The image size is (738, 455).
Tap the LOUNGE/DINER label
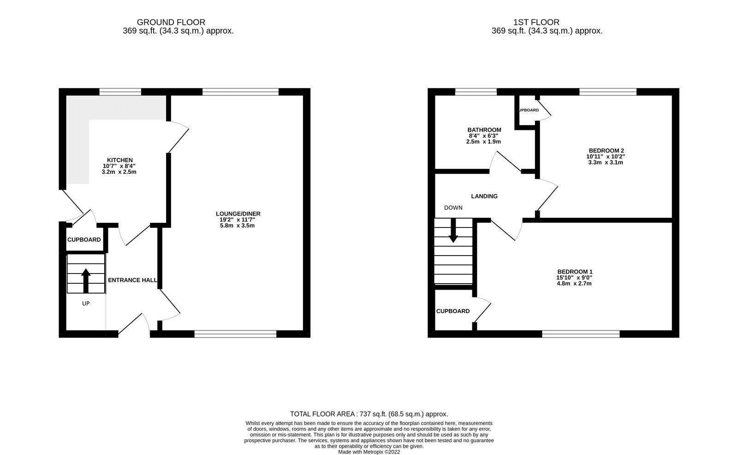pyautogui.click(x=238, y=214)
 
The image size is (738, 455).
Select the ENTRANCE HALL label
pyautogui.click(x=132, y=280)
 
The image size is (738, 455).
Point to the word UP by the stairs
pyautogui.click(x=86, y=303)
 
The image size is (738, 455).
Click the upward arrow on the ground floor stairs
pyautogui.click(x=86, y=280)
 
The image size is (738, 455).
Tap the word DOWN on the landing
pyautogui.click(x=453, y=208)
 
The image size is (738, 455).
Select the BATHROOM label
pyautogui.click(x=484, y=130)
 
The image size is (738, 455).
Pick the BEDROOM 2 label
pyautogui.click(x=606, y=151)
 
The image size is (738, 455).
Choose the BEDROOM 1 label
pyautogui.click(x=575, y=272)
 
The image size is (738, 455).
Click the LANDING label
pyautogui.click(x=484, y=196)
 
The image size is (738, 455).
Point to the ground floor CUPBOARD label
pyautogui.click(x=84, y=240)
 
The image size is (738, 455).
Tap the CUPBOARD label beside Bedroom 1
pyautogui.click(x=453, y=311)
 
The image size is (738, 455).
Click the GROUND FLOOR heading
pyautogui.click(x=171, y=22)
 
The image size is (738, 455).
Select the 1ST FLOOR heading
pyautogui.click(x=536, y=22)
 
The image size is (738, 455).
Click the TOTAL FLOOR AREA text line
pyautogui.click(x=369, y=414)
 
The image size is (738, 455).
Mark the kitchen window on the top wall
pyautogui.click(x=120, y=92)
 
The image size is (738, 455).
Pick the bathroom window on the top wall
pyautogui.click(x=476, y=92)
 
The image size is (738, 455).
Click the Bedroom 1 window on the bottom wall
pyautogui.click(x=581, y=334)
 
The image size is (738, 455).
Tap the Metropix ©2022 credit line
pyautogui.click(x=369, y=452)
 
